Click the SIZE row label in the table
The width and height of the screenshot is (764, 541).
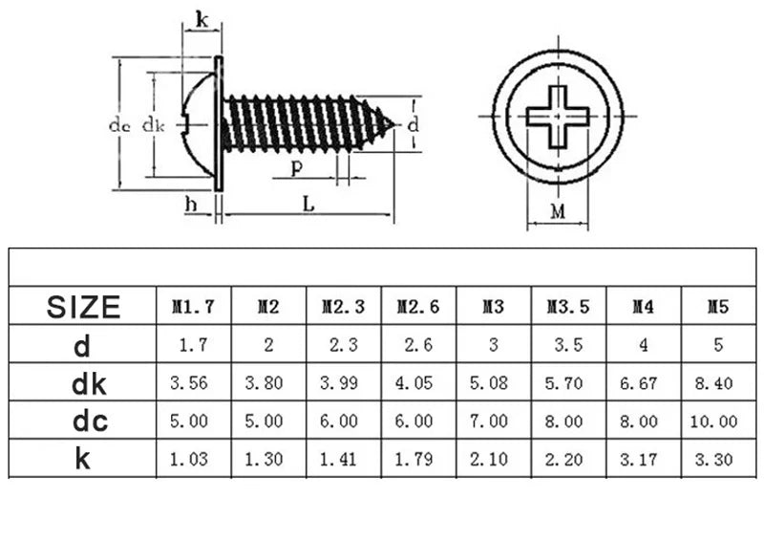tap(84, 307)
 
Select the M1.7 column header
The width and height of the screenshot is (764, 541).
tap(193, 307)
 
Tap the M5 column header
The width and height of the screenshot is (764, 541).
tap(718, 307)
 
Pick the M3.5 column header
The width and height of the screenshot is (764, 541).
tap(568, 307)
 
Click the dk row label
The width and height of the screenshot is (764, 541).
tap(84, 383)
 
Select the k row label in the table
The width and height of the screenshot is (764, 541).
tap(84, 458)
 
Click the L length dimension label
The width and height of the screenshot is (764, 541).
tap(308, 203)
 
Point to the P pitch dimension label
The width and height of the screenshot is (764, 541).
tap(297, 168)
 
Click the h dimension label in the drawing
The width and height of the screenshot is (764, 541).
tap(191, 203)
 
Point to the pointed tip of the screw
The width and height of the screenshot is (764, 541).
tap(393, 122)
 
